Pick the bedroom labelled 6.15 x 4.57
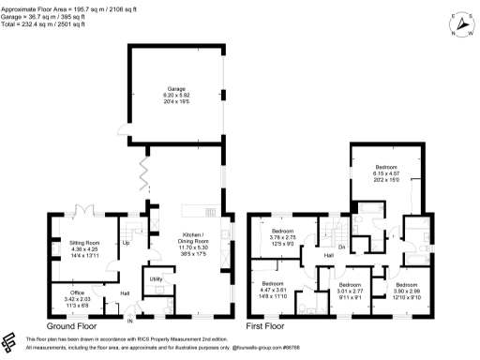387,172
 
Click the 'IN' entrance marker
130,316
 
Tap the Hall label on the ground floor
124,293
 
